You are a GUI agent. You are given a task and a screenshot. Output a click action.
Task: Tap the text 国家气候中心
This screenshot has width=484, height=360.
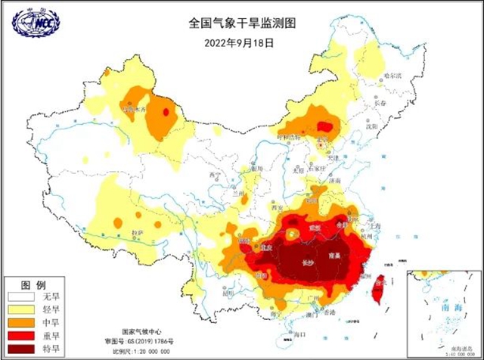[x=149, y=332]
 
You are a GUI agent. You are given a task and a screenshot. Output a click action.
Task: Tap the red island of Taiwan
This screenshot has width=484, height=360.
[x=378, y=289]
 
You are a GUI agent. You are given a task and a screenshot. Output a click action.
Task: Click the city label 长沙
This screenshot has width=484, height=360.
[x=308, y=263]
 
